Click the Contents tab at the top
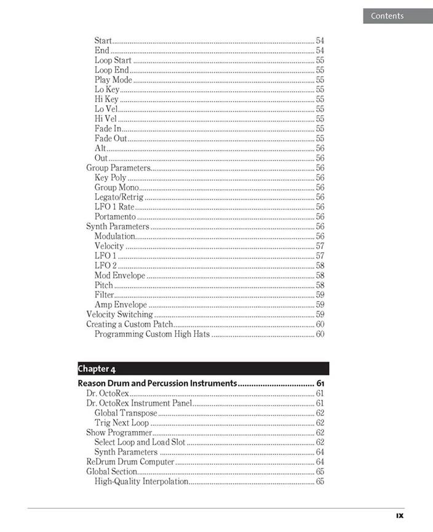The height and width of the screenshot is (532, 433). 387,16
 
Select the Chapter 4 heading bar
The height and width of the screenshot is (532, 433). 203,369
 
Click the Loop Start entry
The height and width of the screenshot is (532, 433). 113,60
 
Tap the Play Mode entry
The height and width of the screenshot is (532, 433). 113,80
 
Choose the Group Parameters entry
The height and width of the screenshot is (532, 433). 118,168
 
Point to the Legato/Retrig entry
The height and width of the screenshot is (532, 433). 119,197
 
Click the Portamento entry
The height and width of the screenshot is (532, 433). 115,217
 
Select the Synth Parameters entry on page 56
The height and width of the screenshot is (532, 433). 117,227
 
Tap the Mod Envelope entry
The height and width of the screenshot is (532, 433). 120,275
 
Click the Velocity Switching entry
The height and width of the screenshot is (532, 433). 119,315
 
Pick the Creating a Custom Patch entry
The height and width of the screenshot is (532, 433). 129,324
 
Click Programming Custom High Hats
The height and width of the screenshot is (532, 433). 152,334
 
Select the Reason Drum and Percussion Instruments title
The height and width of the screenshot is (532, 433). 157,384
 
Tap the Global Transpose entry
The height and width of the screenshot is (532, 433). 126,413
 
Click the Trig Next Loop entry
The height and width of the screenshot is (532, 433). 122,423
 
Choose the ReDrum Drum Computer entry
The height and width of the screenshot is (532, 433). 130,462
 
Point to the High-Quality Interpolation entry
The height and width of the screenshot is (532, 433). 141,482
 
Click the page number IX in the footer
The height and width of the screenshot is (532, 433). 399,516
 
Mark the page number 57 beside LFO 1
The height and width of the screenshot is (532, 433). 320,256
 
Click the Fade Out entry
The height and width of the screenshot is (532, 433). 111,139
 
